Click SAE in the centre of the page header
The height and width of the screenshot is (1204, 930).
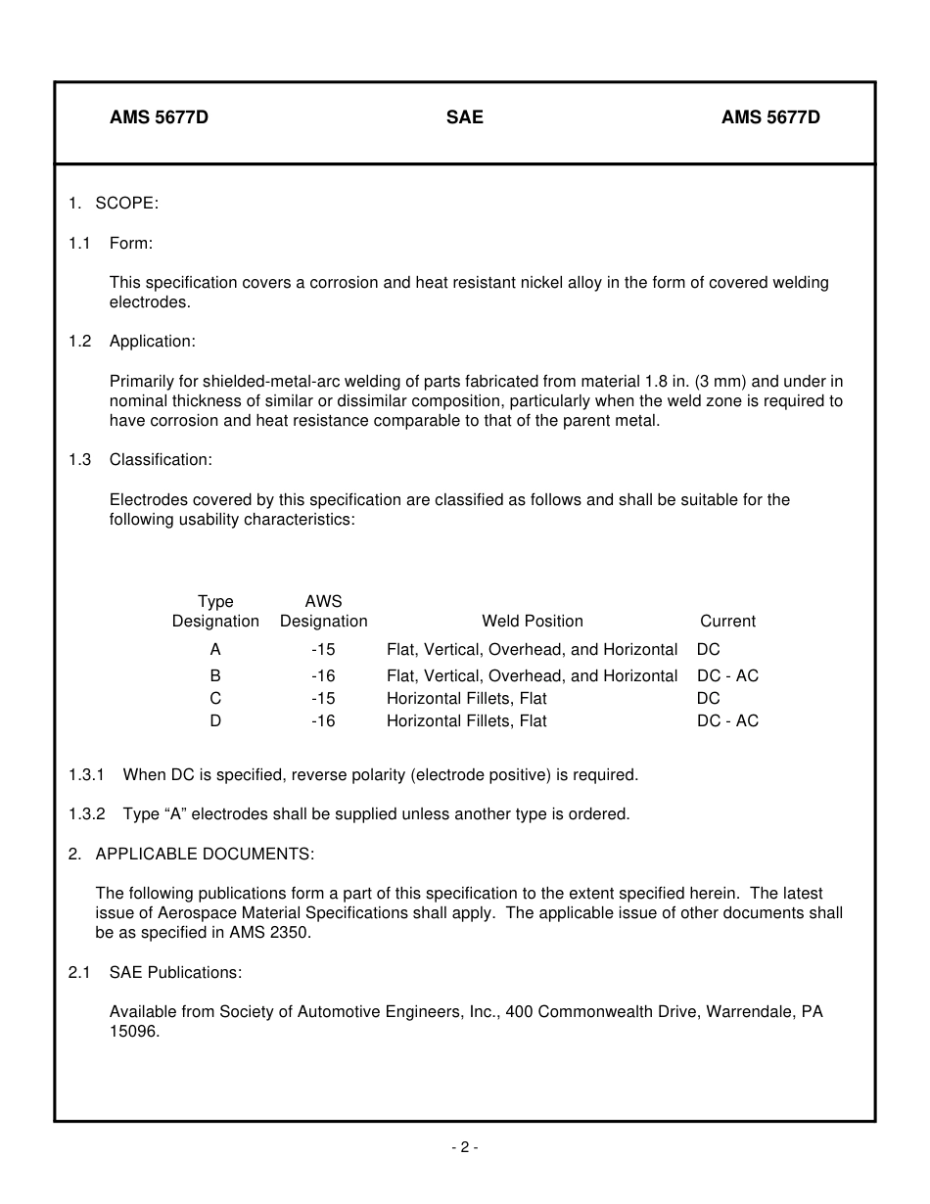464,117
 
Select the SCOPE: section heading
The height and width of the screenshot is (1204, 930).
126,203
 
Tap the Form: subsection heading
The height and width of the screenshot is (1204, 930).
131,243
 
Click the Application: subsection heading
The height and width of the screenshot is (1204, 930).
152,341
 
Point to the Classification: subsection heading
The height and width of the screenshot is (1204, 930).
161,459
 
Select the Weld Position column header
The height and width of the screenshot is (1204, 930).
532,621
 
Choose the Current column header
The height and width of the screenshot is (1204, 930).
727,621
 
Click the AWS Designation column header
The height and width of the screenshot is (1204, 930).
323,611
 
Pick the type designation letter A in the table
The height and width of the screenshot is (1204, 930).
215,649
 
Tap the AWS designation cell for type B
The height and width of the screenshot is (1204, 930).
323,675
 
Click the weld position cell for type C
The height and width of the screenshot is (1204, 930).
466,698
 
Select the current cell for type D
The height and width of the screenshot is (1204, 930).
727,720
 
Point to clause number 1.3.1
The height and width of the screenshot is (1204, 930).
87,774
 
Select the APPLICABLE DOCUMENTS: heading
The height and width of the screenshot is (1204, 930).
205,854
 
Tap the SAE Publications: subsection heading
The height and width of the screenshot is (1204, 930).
175,972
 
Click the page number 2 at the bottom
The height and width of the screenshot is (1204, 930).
465,1147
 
